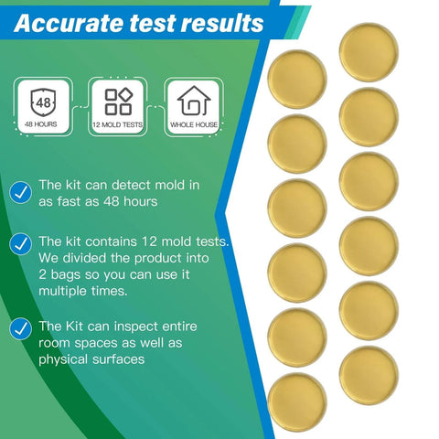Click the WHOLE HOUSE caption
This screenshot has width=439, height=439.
[193, 123]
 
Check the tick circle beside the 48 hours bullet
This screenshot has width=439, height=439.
[18, 193]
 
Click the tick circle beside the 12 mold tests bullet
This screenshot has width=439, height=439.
[18, 243]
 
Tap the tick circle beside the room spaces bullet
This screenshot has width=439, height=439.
[18, 327]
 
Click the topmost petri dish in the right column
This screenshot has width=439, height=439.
[369, 53]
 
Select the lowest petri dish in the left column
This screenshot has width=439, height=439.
[298, 402]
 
